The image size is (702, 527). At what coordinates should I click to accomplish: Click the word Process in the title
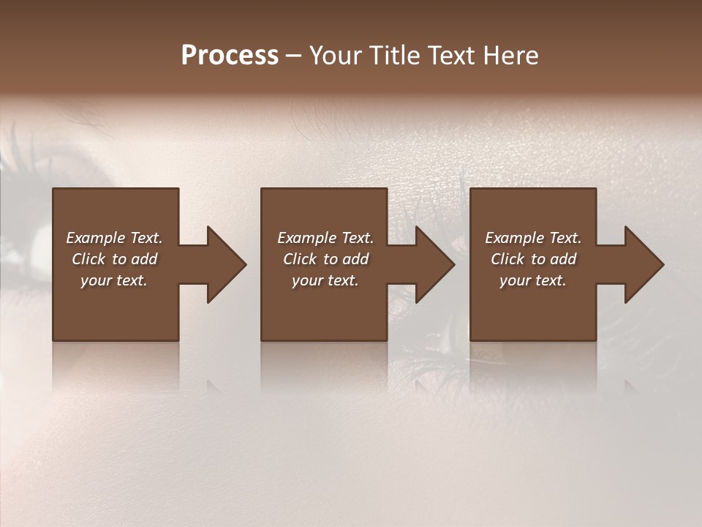[x=230, y=56]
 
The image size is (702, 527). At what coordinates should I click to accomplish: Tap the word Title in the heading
[x=395, y=56]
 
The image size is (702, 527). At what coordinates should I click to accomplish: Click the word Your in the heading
[x=336, y=56]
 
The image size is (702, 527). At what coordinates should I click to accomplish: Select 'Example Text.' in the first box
[x=114, y=238]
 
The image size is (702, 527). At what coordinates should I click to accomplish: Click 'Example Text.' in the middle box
[x=325, y=238]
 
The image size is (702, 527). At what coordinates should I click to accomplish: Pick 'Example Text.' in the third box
[x=533, y=238]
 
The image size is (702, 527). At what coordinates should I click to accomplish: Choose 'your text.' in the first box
[x=114, y=280]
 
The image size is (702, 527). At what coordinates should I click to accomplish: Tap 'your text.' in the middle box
[x=325, y=280]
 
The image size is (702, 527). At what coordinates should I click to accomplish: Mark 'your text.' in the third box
[x=533, y=280]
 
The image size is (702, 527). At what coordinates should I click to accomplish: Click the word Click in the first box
[x=88, y=259]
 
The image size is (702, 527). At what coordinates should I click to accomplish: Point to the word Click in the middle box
[x=300, y=259]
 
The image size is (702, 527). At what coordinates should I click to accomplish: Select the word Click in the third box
[x=507, y=259]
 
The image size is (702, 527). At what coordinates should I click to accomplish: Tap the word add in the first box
[x=144, y=259]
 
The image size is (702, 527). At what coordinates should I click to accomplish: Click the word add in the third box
[x=563, y=259]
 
